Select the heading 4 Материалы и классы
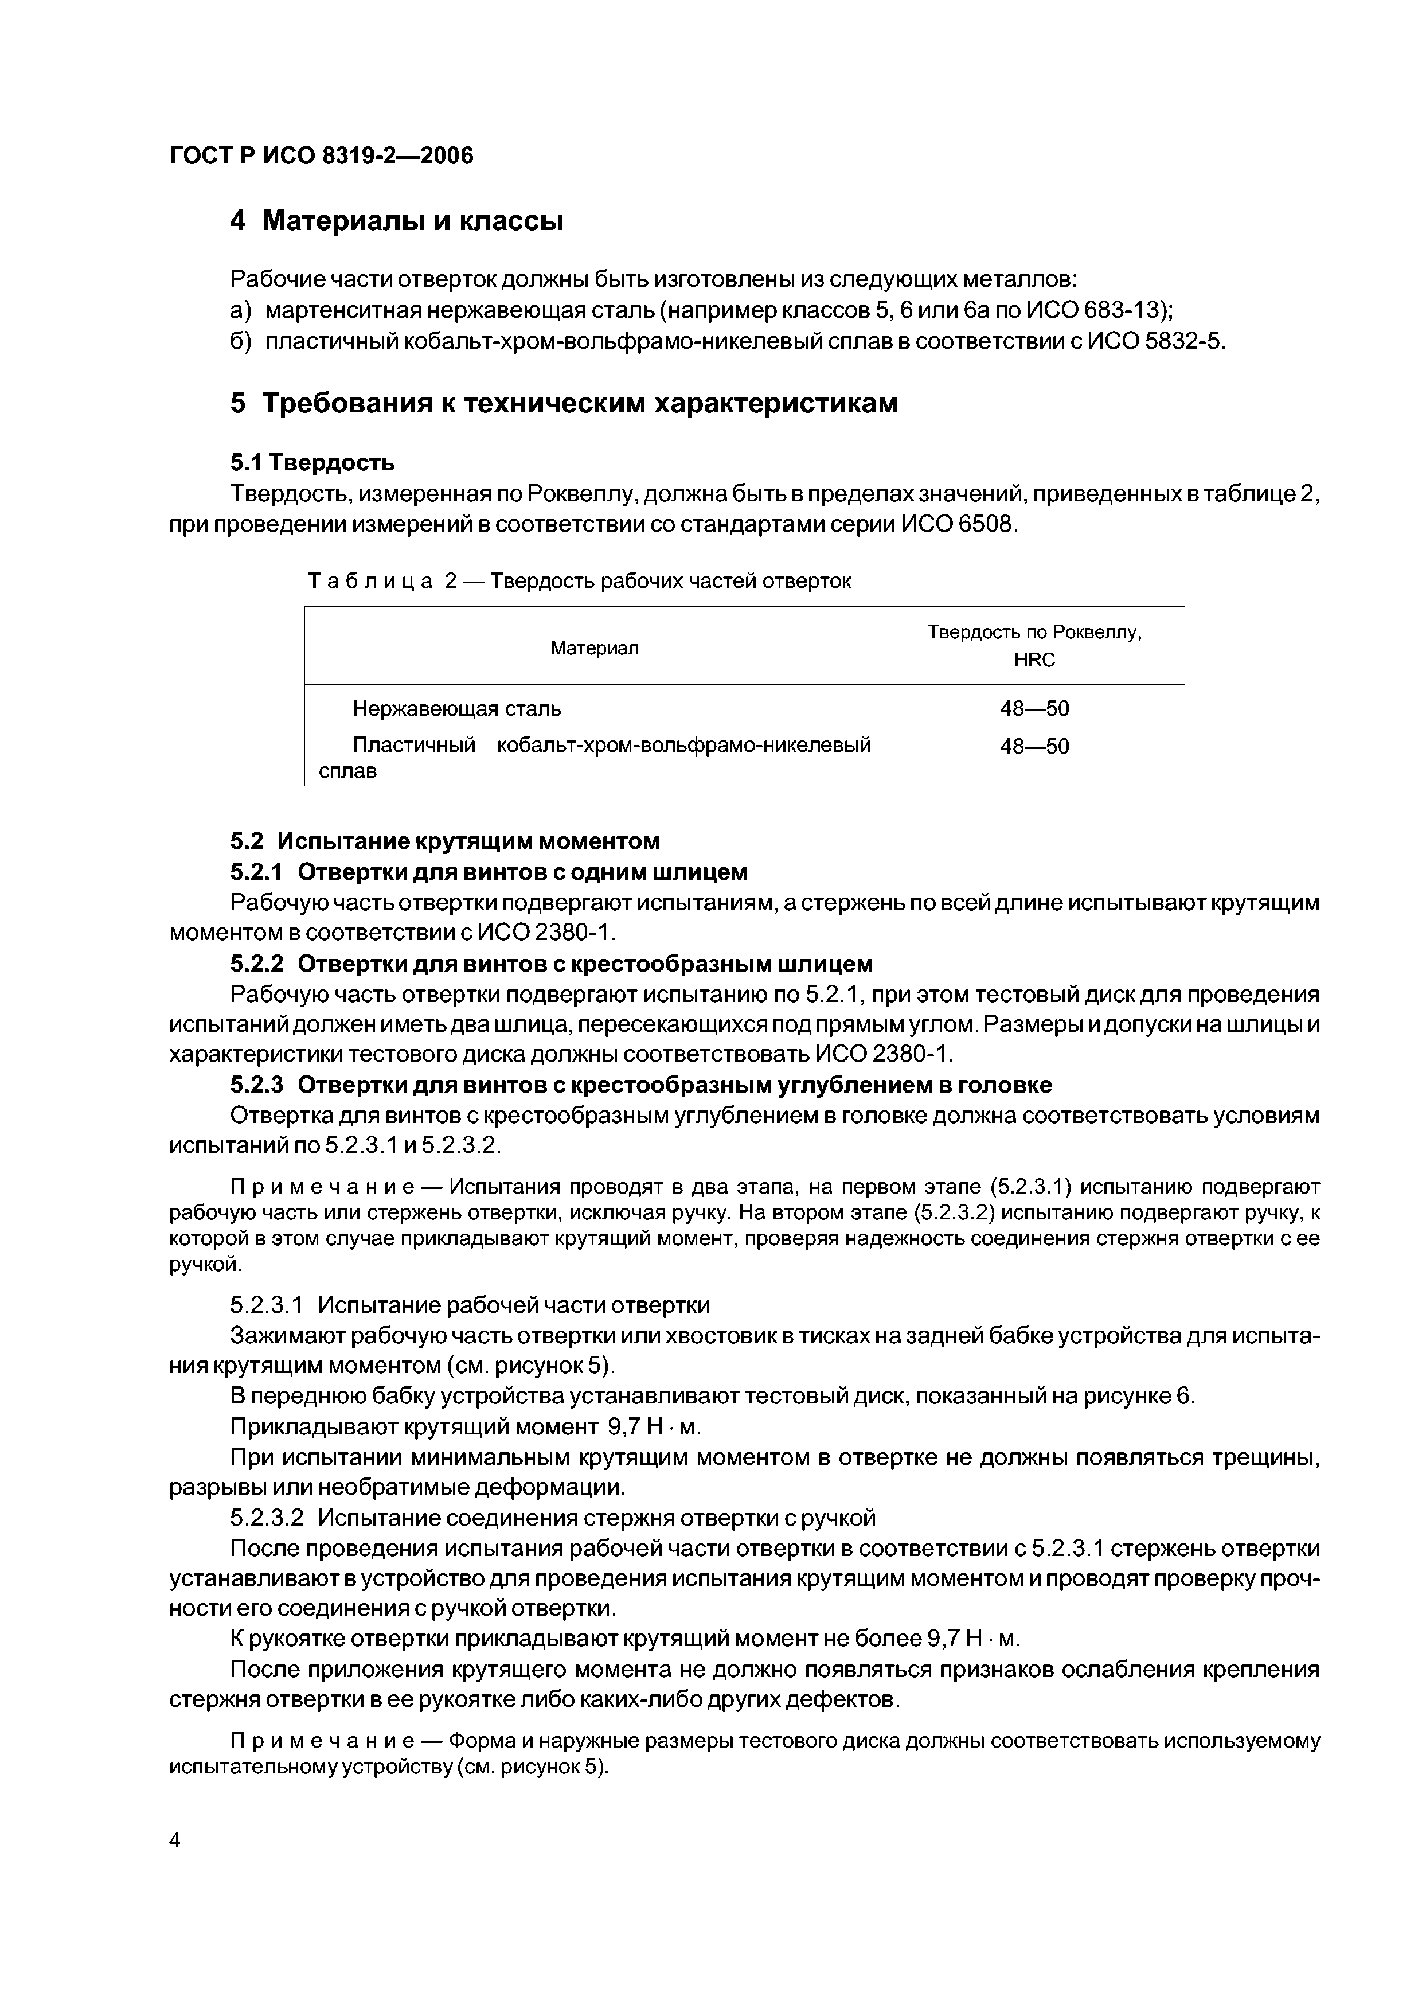[x=396, y=221]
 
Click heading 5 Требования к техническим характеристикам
[x=564, y=403]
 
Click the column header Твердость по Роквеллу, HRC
[x=1034, y=646]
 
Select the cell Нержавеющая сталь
[x=456, y=708]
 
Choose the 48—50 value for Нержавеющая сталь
[x=1034, y=708]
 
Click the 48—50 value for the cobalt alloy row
[x=1034, y=747]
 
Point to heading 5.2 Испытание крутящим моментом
[x=444, y=841]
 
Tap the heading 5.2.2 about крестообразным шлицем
[x=551, y=964]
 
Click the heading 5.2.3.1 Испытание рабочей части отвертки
[x=470, y=1305]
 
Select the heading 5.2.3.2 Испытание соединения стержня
[x=552, y=1517]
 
